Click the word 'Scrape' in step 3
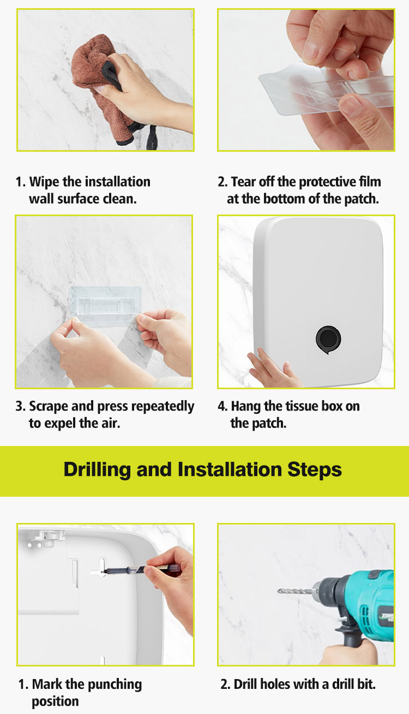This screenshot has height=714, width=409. coord(49,407)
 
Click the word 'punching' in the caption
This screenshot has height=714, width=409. coord(115,685)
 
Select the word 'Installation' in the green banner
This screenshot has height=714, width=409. coord(230,470)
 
